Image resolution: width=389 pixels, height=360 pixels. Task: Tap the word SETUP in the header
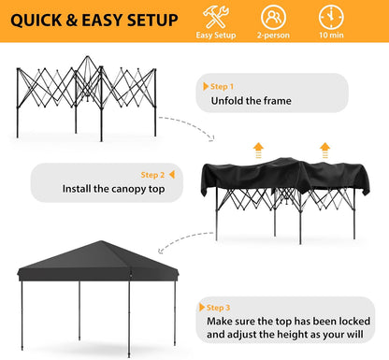click(x=145, y=20)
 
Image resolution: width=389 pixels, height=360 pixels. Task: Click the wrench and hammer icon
click(x=216, y=17)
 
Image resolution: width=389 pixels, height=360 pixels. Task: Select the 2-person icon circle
click(x=273, y=17)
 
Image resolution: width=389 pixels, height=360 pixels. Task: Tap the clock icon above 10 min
click(x=330, y=17)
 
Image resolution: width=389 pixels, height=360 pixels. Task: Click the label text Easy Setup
click(x=216, y=36)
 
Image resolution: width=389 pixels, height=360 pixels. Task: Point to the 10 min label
click(x=330, y=36)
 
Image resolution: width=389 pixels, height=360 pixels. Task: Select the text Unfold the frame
click(x=251, y=100)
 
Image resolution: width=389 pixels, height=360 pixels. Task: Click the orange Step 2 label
click(x=151, y=174)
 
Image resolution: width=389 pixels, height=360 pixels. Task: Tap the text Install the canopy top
click(x=113, y=188)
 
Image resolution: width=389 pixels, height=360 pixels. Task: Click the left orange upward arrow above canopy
click(x=257, y=148)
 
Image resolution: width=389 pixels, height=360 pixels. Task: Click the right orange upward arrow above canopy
click(x=324, y=148)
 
